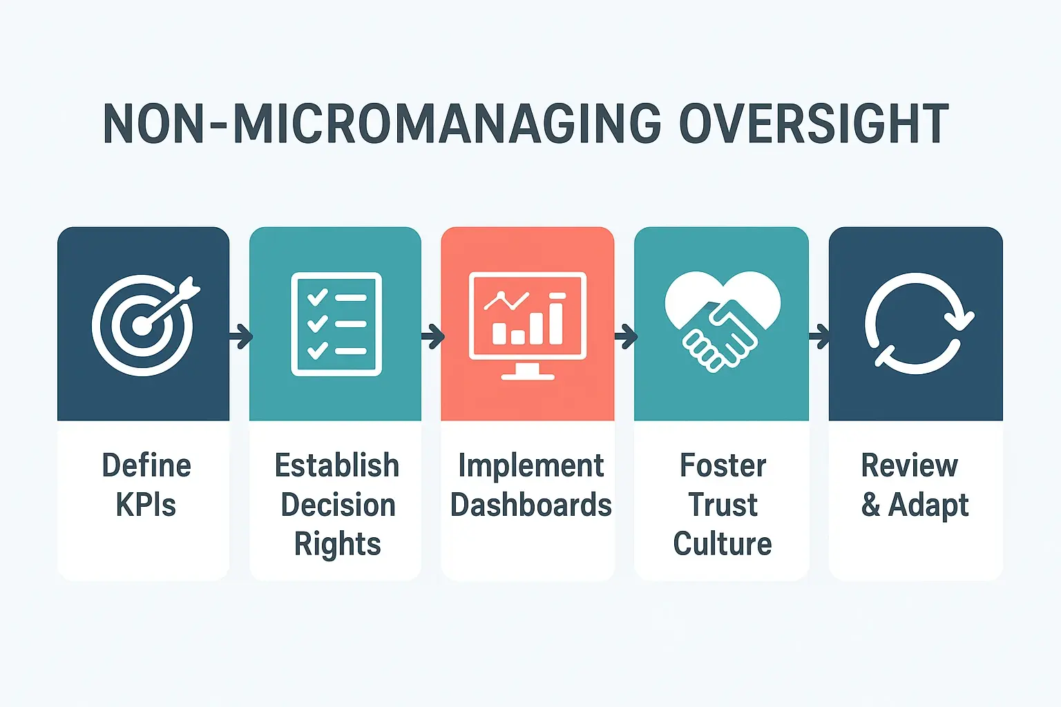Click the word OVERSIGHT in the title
[813, 124]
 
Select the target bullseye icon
[144, 325]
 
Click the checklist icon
[336, 325]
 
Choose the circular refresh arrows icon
[916, 323]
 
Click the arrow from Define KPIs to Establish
[240, 338]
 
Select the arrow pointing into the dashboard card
[432, 338]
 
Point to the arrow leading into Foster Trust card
[625, 338]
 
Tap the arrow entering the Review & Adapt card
[819, 338]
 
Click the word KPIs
[146, 505]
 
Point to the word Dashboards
[530, 505]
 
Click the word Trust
[723, 505]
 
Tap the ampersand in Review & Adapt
[870, 505]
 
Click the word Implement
[530, 466]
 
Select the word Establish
[337, 466]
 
